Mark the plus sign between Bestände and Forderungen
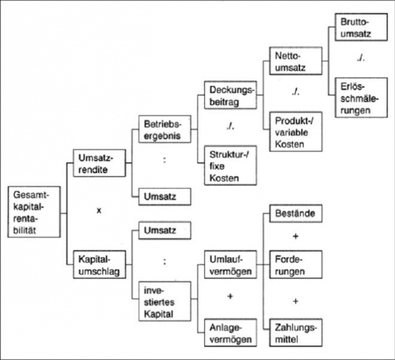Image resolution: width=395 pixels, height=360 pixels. point(295,237)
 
